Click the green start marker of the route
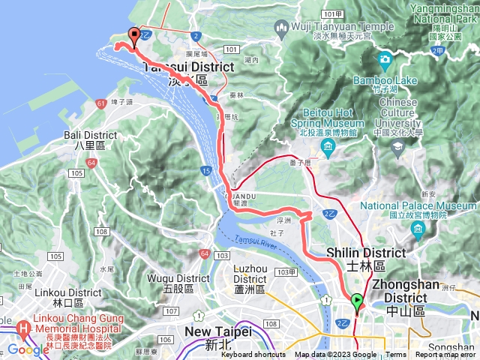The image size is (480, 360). click(357, 301)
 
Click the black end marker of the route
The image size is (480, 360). click(135, 35)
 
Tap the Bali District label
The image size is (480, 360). click(95, 140)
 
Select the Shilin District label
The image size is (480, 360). click(365, 259)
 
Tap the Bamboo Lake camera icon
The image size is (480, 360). click(385, 58)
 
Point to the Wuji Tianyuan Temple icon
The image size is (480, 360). click(283, 29)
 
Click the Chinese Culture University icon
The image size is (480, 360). click(395, 148)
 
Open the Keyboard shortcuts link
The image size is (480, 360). click(254, 355)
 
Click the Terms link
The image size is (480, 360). click(396, 355)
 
